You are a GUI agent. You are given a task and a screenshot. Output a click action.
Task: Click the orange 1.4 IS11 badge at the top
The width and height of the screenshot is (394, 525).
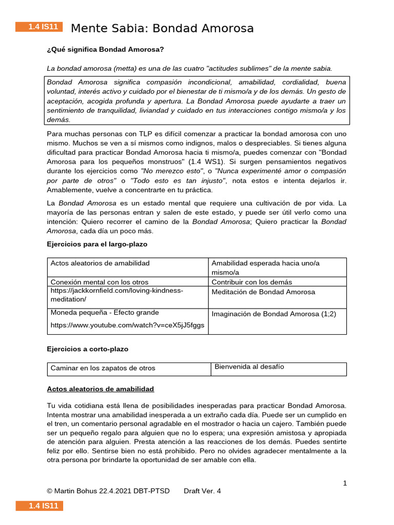(x=39, y=27)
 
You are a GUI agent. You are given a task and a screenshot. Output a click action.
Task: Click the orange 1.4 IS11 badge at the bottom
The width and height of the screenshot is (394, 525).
(x=39, y=506)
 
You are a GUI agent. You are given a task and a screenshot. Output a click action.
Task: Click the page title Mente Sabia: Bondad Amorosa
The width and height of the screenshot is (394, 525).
(x=162, y=28)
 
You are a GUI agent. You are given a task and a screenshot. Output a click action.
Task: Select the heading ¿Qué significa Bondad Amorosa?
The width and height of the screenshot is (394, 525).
(x=105, y=49)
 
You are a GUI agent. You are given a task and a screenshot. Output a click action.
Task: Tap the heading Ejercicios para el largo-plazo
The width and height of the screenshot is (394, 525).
(x=97, y=244)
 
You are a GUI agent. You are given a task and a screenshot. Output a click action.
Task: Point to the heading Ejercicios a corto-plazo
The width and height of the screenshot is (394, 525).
(x=88, y=349)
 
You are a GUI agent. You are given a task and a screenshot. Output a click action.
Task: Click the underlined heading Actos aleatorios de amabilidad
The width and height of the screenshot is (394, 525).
(x=100, y=389)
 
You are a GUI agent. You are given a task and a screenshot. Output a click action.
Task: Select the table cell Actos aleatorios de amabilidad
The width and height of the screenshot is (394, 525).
(x=100, y=263)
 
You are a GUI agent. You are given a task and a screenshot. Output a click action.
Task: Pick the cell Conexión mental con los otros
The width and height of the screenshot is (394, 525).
(x=100, y=281)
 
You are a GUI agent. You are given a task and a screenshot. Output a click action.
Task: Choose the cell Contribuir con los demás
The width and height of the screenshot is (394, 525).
(x=252, y=281)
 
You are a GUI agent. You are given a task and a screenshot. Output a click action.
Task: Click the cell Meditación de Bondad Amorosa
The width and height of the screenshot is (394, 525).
(x=263, y=292)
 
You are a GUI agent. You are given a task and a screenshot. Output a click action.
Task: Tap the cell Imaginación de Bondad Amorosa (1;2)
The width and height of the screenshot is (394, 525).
(x=274, y=314)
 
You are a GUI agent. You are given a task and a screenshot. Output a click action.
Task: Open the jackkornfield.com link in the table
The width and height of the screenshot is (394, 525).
(x=116, y=295)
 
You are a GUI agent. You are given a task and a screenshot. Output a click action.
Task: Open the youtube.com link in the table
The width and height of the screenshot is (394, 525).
(x=127, y=325)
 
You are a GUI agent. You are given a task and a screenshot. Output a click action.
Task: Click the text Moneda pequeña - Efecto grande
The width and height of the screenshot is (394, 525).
(x=105, y=312)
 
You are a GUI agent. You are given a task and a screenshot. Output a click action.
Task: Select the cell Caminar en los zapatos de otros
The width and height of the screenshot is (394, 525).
(x=103, y=368)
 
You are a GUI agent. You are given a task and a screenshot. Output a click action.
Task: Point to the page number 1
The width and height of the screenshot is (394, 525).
(x=345, y=482)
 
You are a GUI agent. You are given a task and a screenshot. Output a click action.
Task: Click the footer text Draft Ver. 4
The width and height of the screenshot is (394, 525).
(x=202, y=491)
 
